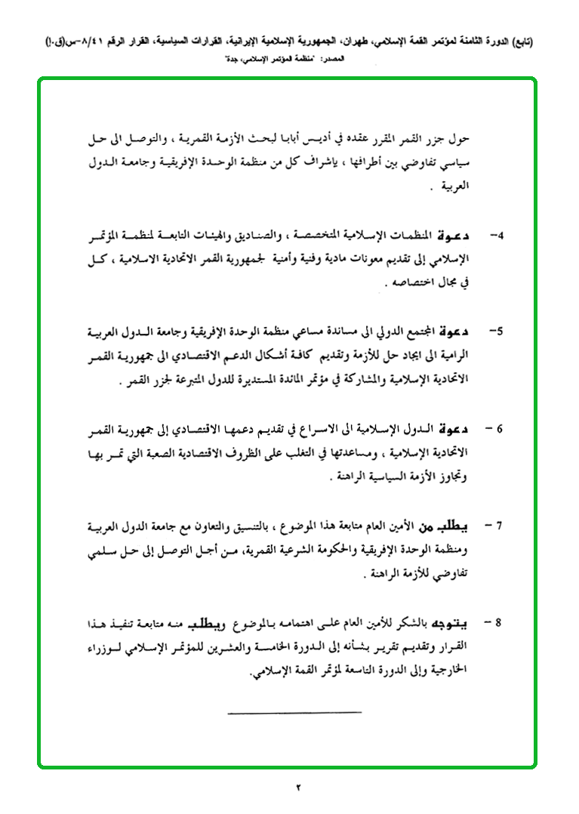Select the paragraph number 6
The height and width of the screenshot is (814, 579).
tap(497, 429)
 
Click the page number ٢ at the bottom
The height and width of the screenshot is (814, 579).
tap(297, 788)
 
